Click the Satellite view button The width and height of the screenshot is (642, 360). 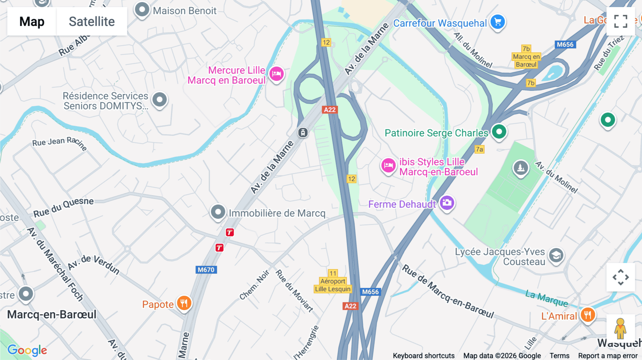click(92, 21)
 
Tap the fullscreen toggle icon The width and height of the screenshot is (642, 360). click(621, 21)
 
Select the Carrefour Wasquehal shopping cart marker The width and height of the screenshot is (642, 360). click(498, 22)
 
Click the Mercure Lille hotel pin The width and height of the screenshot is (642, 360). click(276, 74)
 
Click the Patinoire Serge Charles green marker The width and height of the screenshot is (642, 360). click(499, 132)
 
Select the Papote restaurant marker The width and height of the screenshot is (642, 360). click(184, 304)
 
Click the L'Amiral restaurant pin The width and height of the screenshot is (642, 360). click(587, 315)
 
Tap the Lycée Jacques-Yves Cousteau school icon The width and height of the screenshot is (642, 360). click(556, 256)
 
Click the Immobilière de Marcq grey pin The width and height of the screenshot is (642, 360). click(218, 212)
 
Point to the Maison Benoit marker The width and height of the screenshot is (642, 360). click(142, 10)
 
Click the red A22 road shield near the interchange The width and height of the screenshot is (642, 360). click(330, 110)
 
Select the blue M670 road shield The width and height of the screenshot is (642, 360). click(206, 270)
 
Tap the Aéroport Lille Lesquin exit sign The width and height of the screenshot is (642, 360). click(333, 285)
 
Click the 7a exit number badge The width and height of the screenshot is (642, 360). click(479, 149)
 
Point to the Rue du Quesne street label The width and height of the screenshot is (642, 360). click(63, 207)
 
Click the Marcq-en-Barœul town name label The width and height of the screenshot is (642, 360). click(52, 314)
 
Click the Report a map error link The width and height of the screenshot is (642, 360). click(608, 355)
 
